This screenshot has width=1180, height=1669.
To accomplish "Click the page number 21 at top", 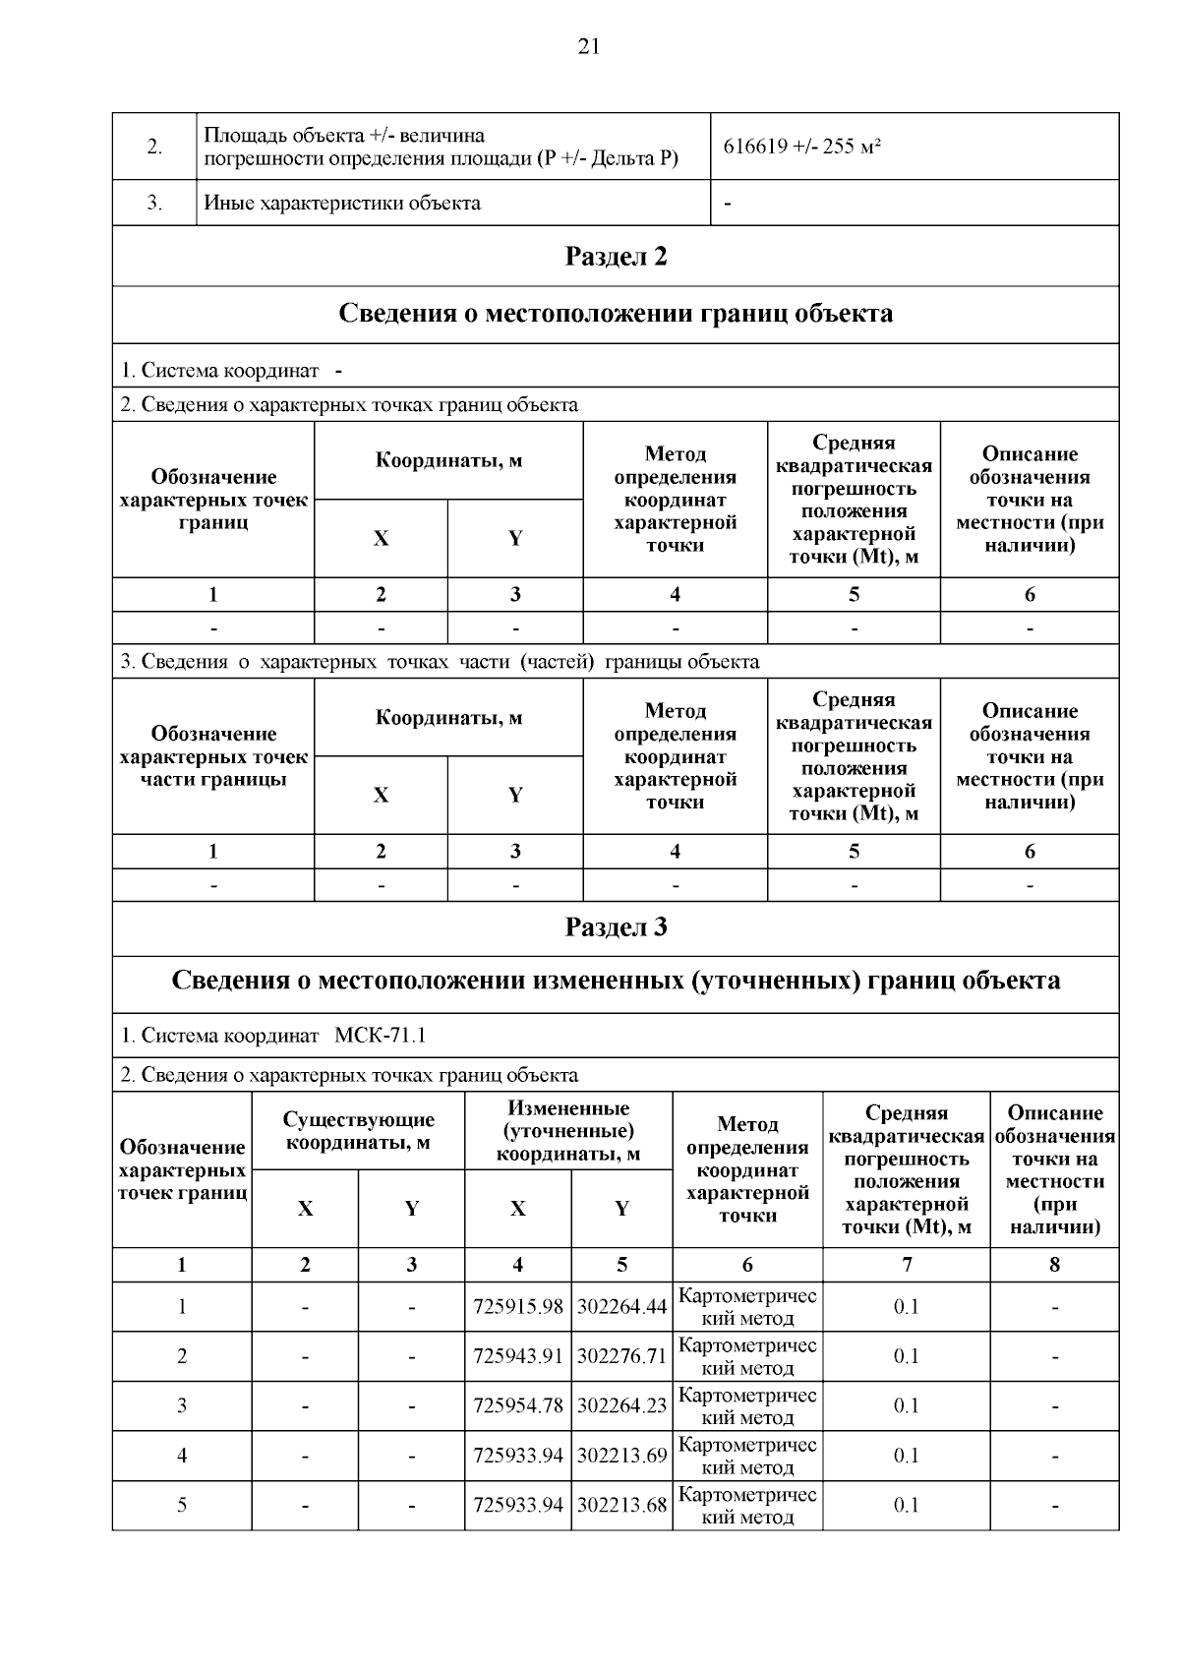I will pos(589,46).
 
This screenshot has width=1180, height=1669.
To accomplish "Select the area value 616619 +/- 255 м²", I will pos(801,148).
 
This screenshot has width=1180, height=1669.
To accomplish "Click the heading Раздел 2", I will pos(616,257).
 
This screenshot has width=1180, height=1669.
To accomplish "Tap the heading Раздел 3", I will pos(616,927).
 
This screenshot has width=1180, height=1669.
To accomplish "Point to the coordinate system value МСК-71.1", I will pos(380,1036).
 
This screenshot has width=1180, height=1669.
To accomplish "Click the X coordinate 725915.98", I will pos(518,1307).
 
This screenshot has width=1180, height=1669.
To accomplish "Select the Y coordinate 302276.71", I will pos(621,1357).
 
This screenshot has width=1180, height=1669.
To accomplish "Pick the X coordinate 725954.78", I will pos(518,1406).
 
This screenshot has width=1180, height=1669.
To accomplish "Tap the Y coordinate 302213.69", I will pos(621,1456).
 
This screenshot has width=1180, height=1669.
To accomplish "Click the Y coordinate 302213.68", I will pos(621,1506).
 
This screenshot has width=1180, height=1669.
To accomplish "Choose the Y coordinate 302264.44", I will pos(621,1307).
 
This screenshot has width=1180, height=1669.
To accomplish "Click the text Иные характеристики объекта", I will pos(342,204).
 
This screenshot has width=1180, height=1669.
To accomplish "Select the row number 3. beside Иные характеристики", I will pos(154,204).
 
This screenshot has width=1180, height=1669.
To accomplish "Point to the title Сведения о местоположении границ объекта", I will pos(616,314).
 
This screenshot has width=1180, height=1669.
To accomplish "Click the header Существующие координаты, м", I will pos(358,1131).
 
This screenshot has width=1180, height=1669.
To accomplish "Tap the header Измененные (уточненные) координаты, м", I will pos(568,1131).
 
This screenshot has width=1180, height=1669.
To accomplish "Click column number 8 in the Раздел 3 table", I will pos(1054,1265).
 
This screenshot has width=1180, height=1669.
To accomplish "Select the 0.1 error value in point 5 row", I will pos(906,1506).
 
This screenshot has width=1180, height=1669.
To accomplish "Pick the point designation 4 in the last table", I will pos(182,1456).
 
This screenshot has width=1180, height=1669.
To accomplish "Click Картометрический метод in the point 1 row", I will pos(747,1307).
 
